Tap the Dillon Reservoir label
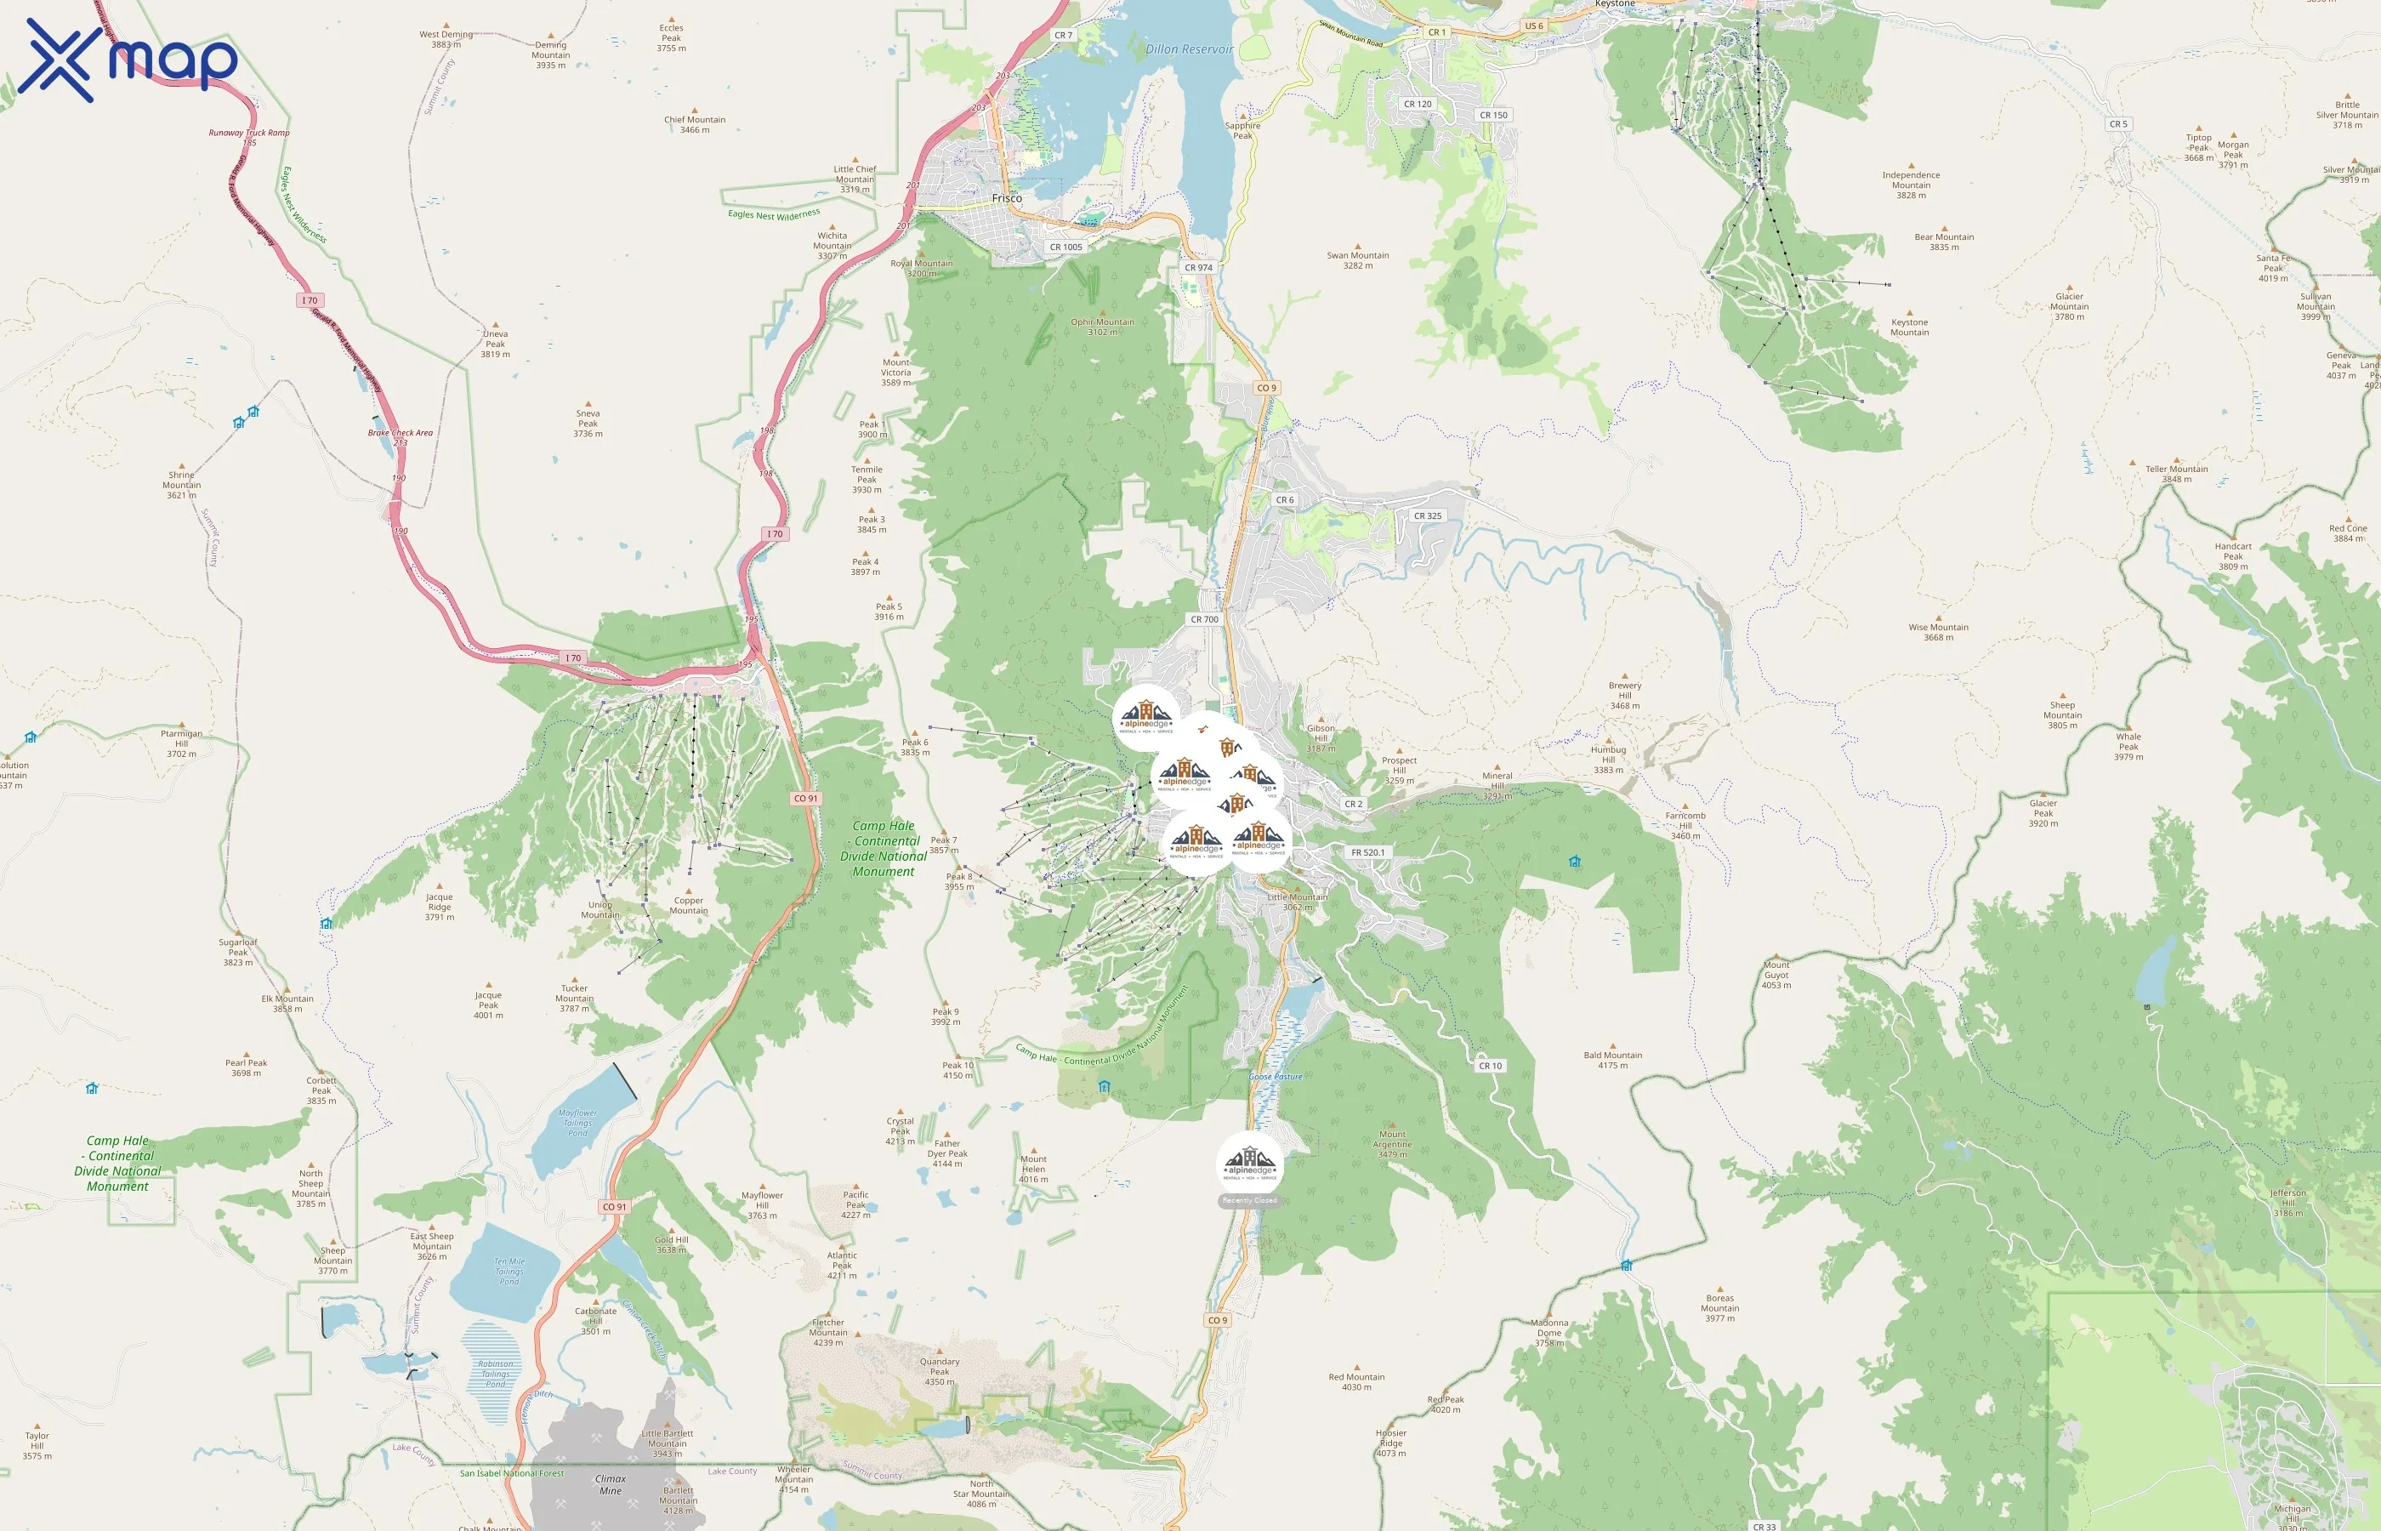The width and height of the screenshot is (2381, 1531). coord(1189,48)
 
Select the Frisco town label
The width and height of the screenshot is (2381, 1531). coord(1007,198)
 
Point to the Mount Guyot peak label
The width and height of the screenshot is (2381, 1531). coord(1776,974)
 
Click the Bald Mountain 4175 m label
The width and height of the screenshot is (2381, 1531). coord(1613,1060)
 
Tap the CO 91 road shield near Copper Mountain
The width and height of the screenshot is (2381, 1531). coord(806,799)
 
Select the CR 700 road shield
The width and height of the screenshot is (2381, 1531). coord(1204,619)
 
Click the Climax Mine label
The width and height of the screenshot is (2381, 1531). coord(611,1484)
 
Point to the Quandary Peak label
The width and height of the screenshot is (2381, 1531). coord(939,1371)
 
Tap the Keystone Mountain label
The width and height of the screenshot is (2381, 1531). coord(1909,327)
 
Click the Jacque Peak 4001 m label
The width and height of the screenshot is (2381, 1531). coord(488,1005)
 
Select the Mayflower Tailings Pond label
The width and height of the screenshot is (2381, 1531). coord(577,1123)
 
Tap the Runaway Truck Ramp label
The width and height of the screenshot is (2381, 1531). coord(249,134)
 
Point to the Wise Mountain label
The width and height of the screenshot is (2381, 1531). coord(1938,631)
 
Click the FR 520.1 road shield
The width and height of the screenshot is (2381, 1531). coord(1367,852)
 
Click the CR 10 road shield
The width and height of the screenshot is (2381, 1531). coord(1490,1066)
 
